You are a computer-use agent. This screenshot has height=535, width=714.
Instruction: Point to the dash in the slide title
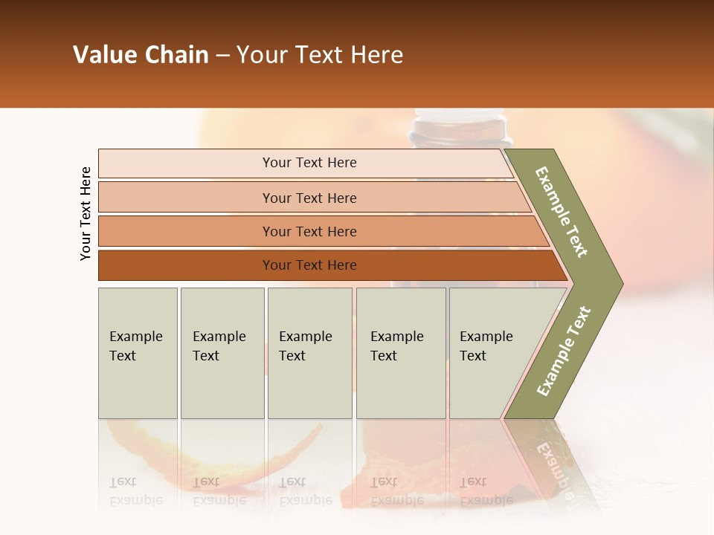pyautogui.click(x=222, y=56)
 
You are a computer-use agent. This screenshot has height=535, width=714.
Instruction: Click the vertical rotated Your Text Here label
pyautogui.click(x=86, y=213)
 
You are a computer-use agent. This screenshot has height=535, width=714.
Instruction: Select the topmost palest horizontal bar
pyautogui.click(x=305, y=163)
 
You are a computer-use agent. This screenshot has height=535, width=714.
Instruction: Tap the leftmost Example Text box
pyautogui.click(x=138, y=352)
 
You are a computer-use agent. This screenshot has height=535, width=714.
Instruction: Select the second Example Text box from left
pyautogui.click(x=222, y=352)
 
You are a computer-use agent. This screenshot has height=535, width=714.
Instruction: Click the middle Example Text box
pyautogui.click(x=309, y=352)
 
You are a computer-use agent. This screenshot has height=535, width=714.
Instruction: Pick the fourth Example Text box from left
pyautogui.click(x=400, y=352)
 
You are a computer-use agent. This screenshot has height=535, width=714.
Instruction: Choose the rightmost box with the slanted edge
pyautogui.click(x=491, y=352)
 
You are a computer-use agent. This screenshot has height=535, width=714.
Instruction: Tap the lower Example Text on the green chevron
pyautogui.click(x=564, y=351)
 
